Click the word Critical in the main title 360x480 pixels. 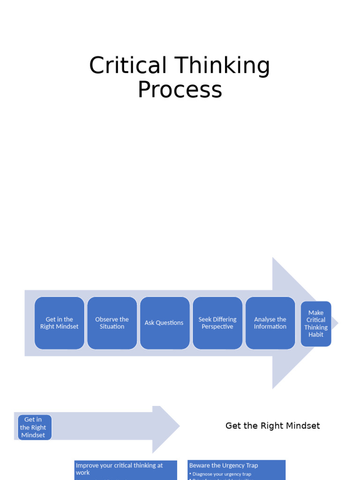pyautogui.click(x=127, y=66)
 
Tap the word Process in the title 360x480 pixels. pyautogui.click(x=180, y=90)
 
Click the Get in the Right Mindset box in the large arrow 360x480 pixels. pyautogui.click(x=60, y=323)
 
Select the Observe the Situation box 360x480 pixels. pyautogui.click(x=112, y=323)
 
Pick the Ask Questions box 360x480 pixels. pyautogui.click(x=165, y=323)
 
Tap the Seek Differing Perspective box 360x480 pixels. pyautogui.click(x=217, y=323)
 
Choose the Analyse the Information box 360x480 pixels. pyautogui.click(x=270, y=323)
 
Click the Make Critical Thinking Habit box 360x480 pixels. pyautogui.click(x=316, y=323)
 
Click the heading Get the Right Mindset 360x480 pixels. pyautogui.click(x=272, y=426)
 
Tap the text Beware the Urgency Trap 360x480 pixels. pyautogui.click(x=224, y=465)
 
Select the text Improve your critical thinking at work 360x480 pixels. pyautogui.click(x=119, y=469)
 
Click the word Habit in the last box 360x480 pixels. pyautogui.click(x=316, y=335)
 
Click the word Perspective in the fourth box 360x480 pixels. pyautogui.click(x=217, y=327)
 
